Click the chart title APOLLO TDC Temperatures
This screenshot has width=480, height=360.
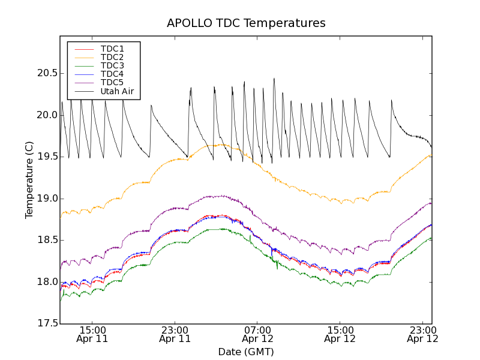(x=246, y=23)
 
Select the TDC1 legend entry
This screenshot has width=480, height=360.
(x=112, y=49)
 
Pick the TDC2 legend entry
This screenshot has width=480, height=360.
(x=112, y=57)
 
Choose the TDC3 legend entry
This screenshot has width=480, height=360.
(x=112, y=65)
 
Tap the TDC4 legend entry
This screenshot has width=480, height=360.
(x=112, y=74)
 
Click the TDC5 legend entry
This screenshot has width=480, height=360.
(x=112, y=82)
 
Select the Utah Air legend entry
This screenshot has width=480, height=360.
(x=117, y=91)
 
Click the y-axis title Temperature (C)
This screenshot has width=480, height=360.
(x=29, y=180)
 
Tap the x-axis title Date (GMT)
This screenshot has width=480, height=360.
(x=246, y=352)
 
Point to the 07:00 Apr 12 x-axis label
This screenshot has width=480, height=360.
(x=257, y=334)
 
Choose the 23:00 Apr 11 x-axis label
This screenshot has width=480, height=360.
(x=175, y=334)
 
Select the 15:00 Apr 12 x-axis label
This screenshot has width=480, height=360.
(x=340, y=334)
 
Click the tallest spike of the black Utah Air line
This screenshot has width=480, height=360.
(x=274, y=79)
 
